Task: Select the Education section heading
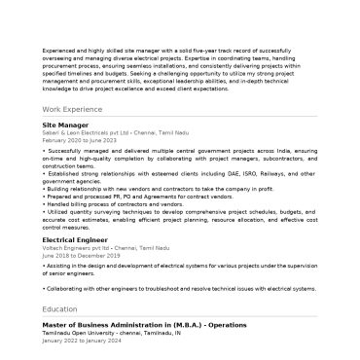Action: coord(59,308)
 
